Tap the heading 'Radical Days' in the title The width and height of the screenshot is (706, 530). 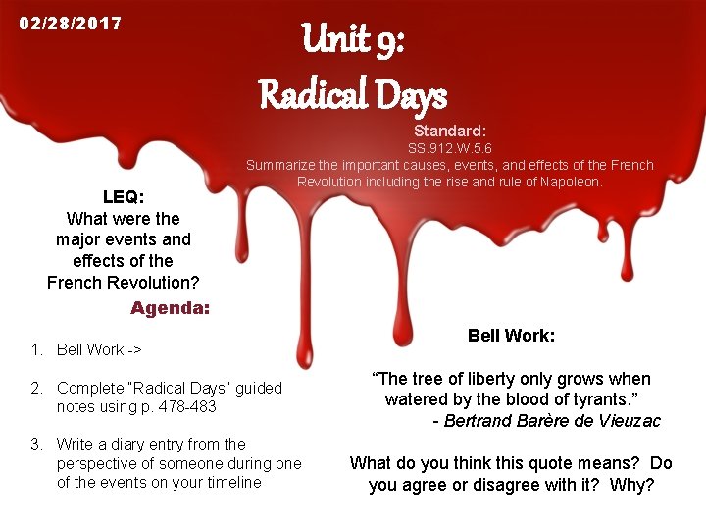(x=352, y=96)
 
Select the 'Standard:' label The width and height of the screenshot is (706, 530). (x=450, y=131)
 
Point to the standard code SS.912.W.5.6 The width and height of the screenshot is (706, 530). (x=450, y=148)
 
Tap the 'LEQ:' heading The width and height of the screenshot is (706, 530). (x=123, y=197)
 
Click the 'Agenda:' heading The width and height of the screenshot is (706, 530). (x=170, y=308)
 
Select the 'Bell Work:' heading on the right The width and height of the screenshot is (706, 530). (x=511, y=336)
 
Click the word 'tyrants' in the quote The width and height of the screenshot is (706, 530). (x=598, y=399)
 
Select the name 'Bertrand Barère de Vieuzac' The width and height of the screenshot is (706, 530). (x=552, y=421)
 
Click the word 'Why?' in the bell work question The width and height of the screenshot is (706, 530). (x=632, y=485)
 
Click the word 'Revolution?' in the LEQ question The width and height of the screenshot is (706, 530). (x=153, y=283)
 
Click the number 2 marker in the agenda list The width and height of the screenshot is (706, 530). (x=35, y=388)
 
